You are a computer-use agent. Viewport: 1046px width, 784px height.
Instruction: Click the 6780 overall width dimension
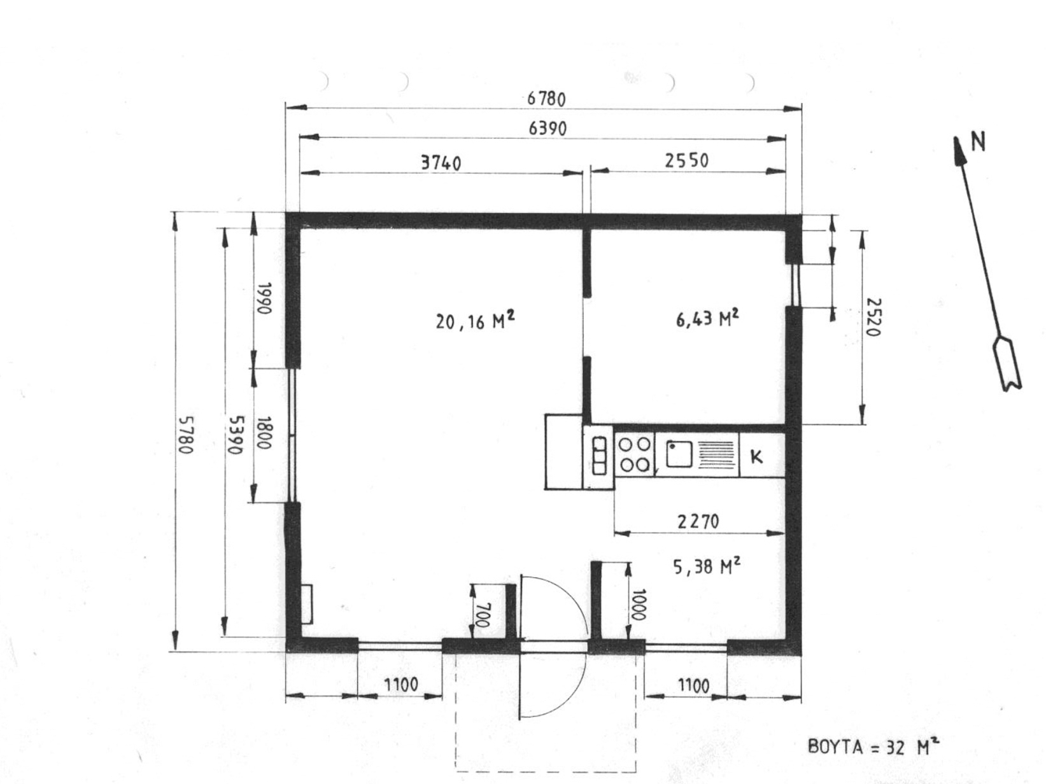(546, 99)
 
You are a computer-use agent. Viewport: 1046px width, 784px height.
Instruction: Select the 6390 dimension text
(548, 129)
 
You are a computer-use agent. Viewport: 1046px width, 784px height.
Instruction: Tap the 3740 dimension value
(441, 163)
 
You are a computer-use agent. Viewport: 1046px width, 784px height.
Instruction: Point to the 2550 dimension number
(686, 160)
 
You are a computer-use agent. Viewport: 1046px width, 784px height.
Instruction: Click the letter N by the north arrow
(977, 141)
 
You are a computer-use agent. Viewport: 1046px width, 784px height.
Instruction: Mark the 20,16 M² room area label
(475, 321)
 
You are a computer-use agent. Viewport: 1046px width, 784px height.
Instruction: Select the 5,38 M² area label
(707, 566)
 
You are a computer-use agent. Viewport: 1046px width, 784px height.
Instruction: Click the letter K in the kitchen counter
(756, 457)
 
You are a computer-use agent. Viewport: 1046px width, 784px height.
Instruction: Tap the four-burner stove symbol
(634, 454)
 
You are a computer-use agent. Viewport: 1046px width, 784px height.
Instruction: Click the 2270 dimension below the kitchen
(698, 522)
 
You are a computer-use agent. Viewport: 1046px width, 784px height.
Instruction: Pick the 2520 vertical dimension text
(873, 317)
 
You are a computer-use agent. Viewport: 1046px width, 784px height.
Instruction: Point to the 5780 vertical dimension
(187, 435)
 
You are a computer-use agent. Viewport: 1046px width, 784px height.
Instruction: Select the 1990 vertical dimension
(263, 298)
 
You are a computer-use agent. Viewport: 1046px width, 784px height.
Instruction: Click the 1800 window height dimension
(263, 433)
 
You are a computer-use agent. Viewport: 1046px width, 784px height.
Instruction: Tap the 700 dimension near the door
(483, 615)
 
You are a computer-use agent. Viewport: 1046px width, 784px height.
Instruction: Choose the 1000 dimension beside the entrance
(638, 605)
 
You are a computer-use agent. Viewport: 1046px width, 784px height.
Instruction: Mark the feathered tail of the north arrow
(1007, 364)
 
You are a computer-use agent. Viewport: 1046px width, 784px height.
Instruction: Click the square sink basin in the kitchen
(679, 454)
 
